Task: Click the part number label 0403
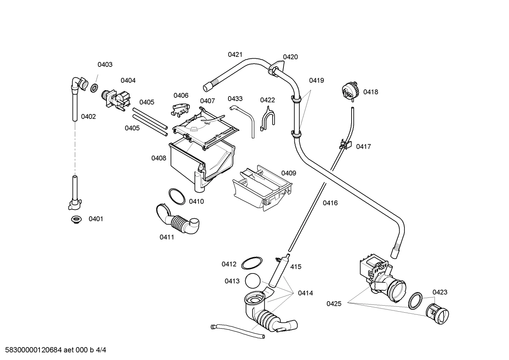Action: [x=105, y=64]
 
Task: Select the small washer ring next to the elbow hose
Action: [x=94, y=88]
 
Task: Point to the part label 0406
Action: [x=181, y=95]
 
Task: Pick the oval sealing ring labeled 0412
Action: [x=252, y=263]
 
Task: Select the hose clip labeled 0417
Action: [x=346, y=144]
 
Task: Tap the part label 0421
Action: [x=235, y=54]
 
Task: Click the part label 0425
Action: [x=334, y=303]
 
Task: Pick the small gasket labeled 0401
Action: [x=75, y=219]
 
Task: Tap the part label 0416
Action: [x=330, y=203]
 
